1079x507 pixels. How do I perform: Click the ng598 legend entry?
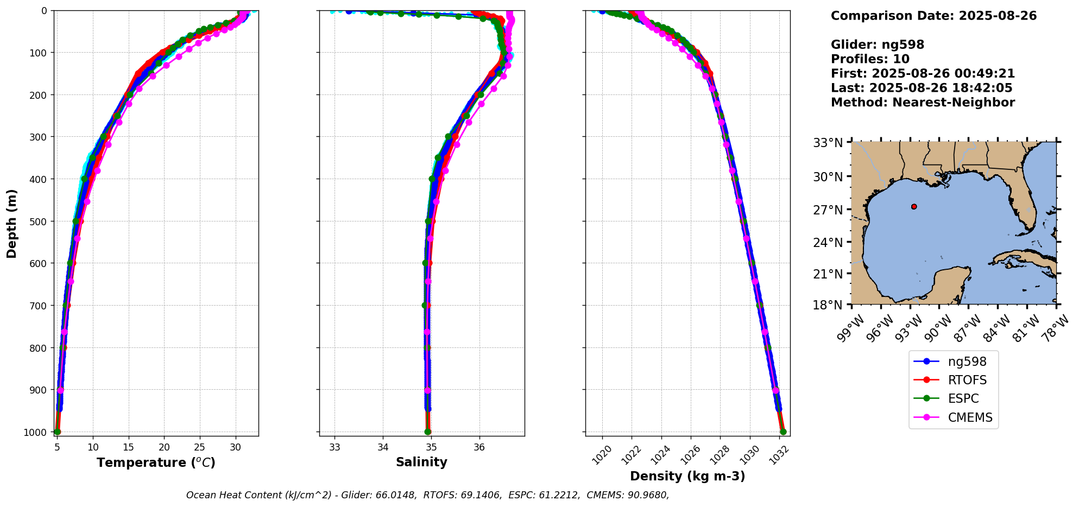967,362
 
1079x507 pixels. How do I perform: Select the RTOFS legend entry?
967,380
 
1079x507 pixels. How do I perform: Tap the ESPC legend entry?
963,398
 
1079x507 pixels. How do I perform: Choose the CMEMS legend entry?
970,417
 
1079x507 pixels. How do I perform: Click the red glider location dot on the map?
914,207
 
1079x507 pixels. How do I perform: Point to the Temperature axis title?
156,462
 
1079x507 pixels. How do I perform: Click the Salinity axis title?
421,462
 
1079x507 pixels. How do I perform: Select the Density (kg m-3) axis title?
687,476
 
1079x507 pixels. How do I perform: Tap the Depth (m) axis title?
12,223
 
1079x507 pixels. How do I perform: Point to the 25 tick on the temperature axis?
200,447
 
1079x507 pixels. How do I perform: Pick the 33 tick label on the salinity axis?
335,447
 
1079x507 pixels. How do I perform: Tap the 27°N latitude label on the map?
828,210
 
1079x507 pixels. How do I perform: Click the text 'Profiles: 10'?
870,59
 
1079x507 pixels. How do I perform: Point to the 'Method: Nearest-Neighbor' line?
923,103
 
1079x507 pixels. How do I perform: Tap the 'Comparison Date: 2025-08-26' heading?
933,16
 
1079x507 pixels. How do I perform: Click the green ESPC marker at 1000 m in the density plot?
783,432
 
